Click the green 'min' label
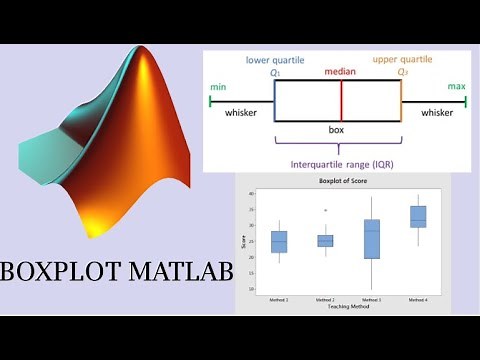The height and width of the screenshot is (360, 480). pos(218,86)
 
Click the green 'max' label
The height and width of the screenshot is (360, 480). pos(456,86)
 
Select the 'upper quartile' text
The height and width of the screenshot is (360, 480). pos(403,60)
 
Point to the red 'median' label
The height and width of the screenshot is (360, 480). pos(340,73)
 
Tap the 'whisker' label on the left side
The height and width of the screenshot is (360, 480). pos(241,113)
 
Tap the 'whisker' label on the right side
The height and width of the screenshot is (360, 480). pos(437,113)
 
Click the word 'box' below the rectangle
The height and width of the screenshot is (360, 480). pos(337,130)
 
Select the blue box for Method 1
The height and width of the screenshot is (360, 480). pos(279,242)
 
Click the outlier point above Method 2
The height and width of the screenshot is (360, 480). pos(325,211)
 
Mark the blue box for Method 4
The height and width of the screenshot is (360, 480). pos(417,217)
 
